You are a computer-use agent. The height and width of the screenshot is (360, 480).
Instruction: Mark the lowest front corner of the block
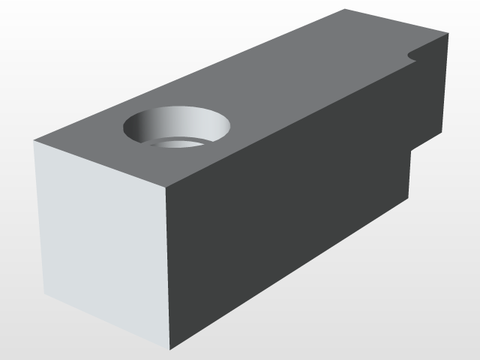pos(169,349)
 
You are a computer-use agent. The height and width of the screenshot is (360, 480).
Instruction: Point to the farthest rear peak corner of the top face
pos(345,9)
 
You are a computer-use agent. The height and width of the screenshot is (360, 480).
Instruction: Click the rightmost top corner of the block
pos(448,34)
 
